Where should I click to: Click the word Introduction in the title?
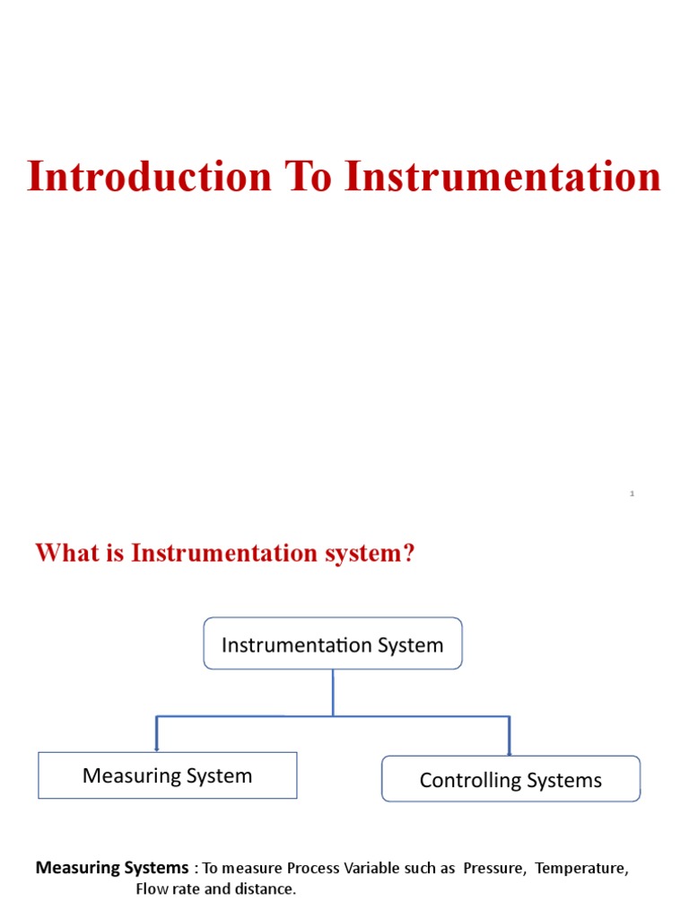tap(149, 176)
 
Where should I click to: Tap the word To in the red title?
tap(309, 176)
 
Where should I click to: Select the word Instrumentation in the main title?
tap(503, 176)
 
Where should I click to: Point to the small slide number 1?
tap(632, 494)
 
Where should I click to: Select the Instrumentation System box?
tap(333, 644)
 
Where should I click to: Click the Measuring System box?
tap(167, 776)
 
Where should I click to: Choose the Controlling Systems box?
tap(510, 780)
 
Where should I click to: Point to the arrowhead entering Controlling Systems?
tap(510, 752)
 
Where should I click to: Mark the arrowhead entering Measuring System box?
tap(157, 748)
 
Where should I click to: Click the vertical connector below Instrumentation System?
tap(333, 692)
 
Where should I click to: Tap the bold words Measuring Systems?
tap(112, 868)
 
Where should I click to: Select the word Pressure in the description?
tap(493, 869)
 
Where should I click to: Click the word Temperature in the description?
tap(581, 869)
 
